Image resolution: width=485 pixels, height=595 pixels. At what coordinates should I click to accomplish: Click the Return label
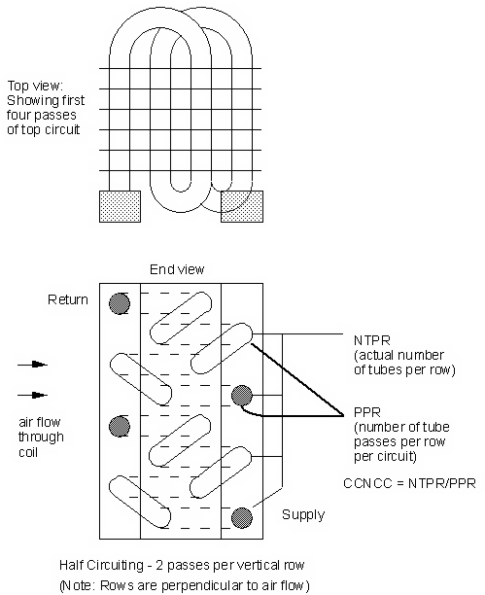(68, 300)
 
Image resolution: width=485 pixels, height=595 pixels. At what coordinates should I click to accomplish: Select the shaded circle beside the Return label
(120, 302)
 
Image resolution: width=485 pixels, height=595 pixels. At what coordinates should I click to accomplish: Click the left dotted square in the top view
(120, 206)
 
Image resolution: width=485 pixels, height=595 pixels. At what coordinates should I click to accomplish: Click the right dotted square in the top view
(240, 206)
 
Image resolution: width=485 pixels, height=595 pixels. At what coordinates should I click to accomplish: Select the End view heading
(178, 269)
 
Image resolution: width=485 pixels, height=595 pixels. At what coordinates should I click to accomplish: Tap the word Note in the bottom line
(79, 584)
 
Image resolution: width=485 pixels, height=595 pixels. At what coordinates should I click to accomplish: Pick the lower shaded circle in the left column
(120, 426)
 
